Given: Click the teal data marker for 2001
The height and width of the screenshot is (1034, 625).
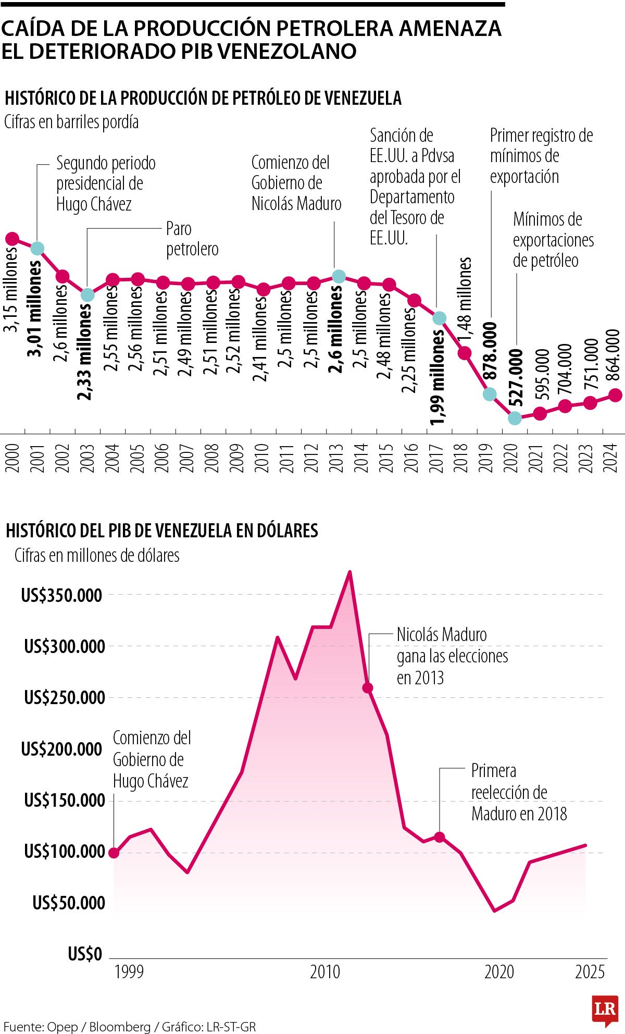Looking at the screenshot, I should coord(37,248).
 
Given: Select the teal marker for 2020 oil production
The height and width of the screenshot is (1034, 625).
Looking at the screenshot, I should coord(515,417).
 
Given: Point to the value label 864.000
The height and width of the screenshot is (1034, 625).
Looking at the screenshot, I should coord(613,356).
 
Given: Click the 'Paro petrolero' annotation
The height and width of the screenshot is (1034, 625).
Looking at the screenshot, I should coord(192,239).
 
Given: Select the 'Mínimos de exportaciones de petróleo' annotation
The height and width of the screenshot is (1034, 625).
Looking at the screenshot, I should coord(553,240).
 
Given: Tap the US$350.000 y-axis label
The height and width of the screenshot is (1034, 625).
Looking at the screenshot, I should coord(61,595).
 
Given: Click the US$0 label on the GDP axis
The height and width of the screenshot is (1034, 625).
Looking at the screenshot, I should coord(85,954).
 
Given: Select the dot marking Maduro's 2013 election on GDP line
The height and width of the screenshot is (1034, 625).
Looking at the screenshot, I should coord(368,688).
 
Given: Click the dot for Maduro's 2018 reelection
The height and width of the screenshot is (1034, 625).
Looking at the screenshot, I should coord(440,837).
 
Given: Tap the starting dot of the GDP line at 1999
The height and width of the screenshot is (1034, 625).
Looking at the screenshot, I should coord(114,853).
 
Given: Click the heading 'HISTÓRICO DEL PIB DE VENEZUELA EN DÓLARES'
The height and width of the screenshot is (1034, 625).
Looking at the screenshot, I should coord(162,531).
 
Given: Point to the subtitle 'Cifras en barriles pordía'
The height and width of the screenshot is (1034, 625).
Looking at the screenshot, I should coord(71,122).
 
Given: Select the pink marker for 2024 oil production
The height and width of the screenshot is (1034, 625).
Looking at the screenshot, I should coord(615,395).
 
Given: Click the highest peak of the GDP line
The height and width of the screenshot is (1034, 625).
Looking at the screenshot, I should coord(350,572).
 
